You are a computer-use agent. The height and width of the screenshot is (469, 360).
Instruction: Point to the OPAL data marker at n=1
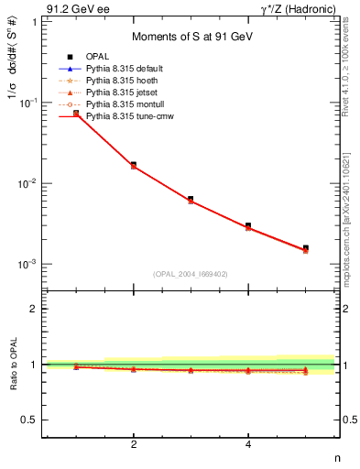coord(76,114)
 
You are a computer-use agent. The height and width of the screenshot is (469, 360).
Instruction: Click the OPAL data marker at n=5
coord(306,248)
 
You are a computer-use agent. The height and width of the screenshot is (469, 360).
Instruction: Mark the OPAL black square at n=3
coord(191,199)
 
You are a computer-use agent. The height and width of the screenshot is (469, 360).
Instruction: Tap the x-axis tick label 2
coord(134,445)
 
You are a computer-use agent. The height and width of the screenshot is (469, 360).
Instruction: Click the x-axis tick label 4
coord(248,445)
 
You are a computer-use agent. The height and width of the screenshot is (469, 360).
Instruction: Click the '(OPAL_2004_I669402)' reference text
coord(191,273)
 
